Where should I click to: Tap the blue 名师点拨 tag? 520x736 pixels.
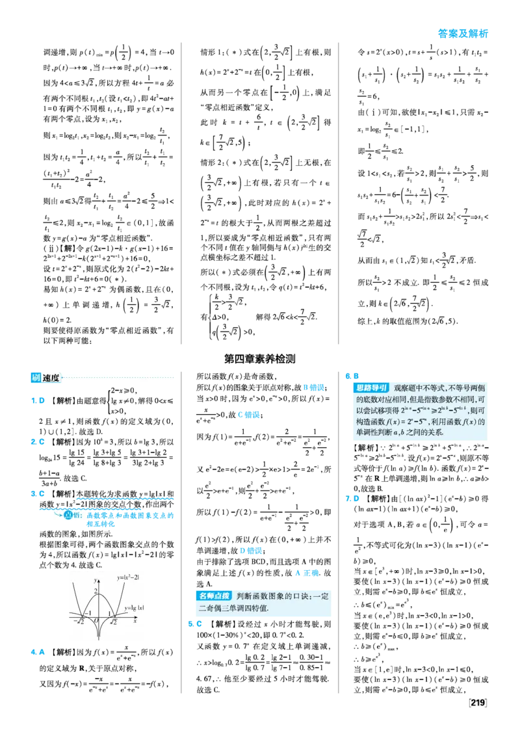(x=214, y=596)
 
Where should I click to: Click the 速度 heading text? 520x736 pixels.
(x=51, y=378)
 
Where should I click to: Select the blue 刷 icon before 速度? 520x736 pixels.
(x=36, y=378)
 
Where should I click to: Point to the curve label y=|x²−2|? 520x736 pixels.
(x=128, y=577)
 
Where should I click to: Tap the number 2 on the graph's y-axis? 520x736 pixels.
(x=95, y=591)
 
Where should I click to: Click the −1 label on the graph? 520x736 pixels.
(x=88, y=612)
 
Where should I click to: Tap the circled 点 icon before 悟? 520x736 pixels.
(x=66, y=515)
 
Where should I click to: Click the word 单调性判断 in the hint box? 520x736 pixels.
(x=375, y=432)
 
